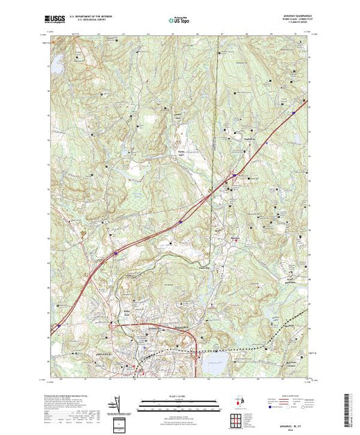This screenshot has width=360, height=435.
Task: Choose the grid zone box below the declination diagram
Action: (x=122, y=422)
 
